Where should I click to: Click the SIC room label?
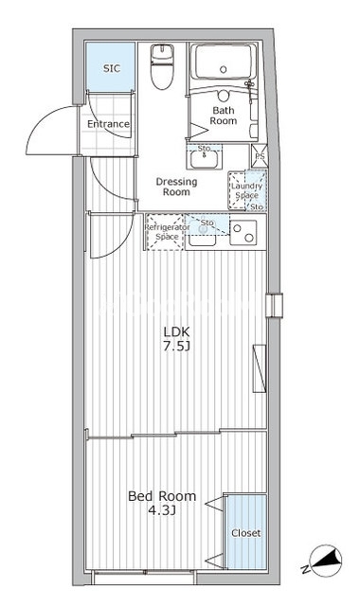pyautogui.click(x=112, y=69)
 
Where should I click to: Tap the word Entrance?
pyautogui.click(x=108, y=124)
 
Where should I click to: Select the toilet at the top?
pyautogui.click(x=162, y=66)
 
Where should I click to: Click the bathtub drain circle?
pyautogui.click(x=224, y=69)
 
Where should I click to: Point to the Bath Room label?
pyautogui.click(x=224, y=116)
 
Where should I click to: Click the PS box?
pyautogui.click(x=258, y=156)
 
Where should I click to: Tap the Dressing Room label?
pyautogui.click(x=176, y=187)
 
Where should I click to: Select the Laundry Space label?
pyautogui.click(x=246, y=190)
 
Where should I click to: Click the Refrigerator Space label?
pyautogui.click(x=167, y=232)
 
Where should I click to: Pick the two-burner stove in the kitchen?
pyautogui.click(x=243, y=233)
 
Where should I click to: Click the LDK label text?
pyautogui.click(x=176, y=331)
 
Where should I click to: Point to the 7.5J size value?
pyautogui.click(x=176, y=347)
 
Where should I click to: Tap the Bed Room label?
pyautogui.click(x=162, y=496)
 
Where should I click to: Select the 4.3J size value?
pyautogui.click(x=162, y=511)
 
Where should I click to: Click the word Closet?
pyautogui.click(x=246, y=533)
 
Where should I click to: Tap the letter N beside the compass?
pyautogui.click(x=306, y=569)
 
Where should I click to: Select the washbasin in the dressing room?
pyautogui.click(x=205, y=158)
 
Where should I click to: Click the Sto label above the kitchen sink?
pyautogui.click(x=207, y=223)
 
